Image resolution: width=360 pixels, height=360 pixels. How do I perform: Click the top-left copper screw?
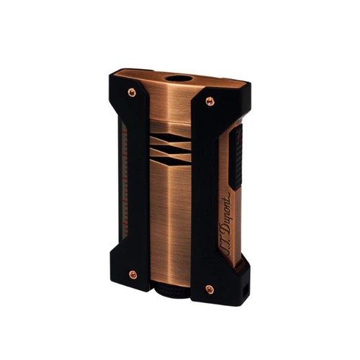(132, 92)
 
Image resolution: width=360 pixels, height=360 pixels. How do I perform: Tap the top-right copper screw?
(210, 102)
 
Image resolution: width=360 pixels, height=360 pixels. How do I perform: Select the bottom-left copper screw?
(132, 274)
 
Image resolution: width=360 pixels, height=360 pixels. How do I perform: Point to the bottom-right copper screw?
(210, 289)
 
